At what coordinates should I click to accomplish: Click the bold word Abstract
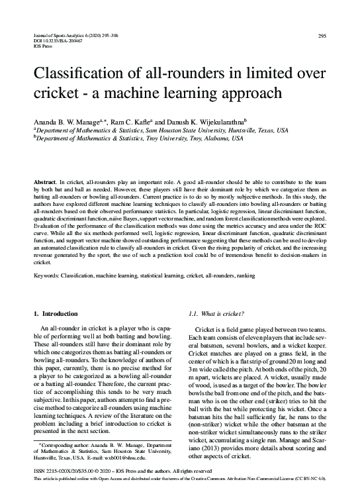(x=44, y=181)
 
